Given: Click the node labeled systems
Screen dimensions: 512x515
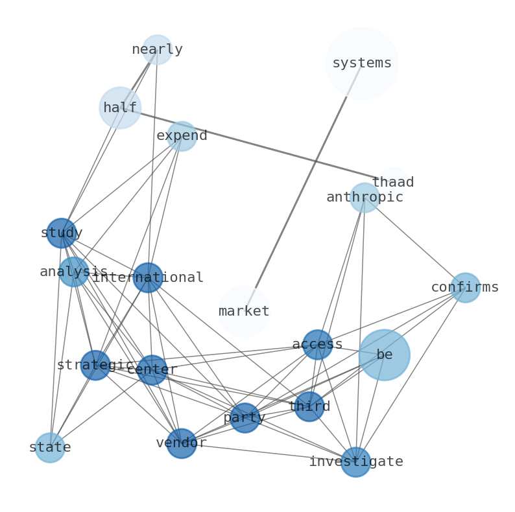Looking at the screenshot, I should [x=361, y=63].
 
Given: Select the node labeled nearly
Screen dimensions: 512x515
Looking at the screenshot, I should [x=157, y=49].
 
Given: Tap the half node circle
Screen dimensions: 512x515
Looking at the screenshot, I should [x=120, y=108].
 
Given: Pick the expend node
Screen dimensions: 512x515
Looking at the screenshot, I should [x=182, y=136].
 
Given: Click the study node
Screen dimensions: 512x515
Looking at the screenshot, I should [x=62, y=233].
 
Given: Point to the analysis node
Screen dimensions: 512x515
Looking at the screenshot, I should [x=73, y=272].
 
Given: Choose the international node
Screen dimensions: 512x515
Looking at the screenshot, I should [x=148, y=277].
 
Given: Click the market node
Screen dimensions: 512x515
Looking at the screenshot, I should [x=244, y=311].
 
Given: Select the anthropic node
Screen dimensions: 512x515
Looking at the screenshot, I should [x=365, y=197].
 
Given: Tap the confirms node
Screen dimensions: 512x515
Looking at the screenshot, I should [x=465, y=287].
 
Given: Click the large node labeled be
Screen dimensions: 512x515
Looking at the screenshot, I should [x=384, y=355].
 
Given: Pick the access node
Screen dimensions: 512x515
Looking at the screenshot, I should [x=317, y=344].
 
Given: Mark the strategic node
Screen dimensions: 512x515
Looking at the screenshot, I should [x=95, y=365].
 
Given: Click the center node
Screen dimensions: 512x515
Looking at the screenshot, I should [x=152, y=369].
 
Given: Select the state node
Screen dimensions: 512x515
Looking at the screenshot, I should [x=50, y=447].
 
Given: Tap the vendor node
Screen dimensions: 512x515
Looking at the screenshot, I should [x=182, y=443].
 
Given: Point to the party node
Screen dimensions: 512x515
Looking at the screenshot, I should [x=245, y=418].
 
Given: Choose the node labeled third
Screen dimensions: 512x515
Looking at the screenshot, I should [x=309, y=406].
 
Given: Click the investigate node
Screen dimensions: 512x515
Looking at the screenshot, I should [x=355, y=461].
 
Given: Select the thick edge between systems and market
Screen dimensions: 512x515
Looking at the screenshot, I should [x=302, y=187].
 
